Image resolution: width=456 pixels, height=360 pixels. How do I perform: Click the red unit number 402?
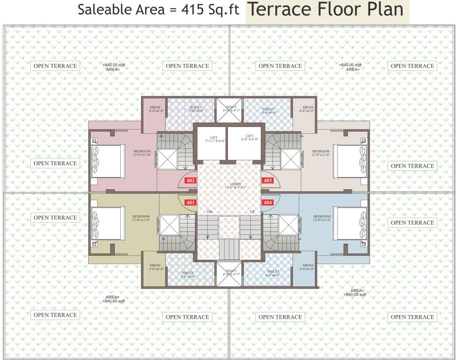tap(191, 180)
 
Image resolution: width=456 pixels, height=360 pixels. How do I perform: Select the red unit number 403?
tap(268, 180)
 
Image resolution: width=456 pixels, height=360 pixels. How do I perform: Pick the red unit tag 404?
tap(268, 202)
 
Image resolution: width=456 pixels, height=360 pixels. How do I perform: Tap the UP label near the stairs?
tap(253, 212)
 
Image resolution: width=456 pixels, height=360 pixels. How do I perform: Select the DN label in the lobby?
tap(210, 212)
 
